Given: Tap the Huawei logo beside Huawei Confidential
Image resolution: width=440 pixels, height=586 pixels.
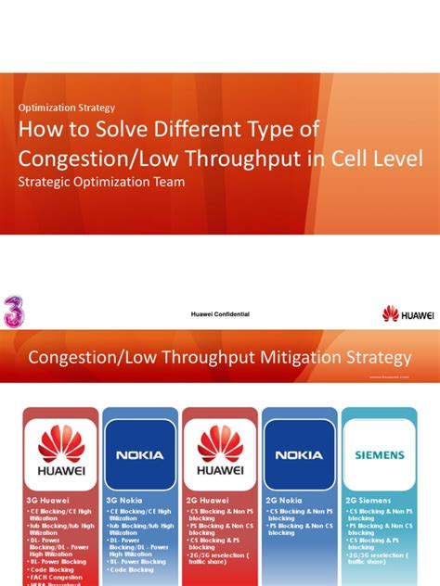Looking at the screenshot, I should click(407, 314).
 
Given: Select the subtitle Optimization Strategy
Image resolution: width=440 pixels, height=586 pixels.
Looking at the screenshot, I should click(66, 108).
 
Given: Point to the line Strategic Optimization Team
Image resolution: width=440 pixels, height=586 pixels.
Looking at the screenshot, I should click(102, 182).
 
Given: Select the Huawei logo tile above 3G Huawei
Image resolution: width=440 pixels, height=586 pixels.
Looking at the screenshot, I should click(59, 454).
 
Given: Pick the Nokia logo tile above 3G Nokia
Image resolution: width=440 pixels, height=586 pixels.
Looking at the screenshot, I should click(140, 454).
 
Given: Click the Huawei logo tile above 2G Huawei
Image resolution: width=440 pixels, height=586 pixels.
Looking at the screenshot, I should click(220, 454).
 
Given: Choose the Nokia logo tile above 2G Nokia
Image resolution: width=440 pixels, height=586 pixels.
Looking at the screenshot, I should click(300, 454).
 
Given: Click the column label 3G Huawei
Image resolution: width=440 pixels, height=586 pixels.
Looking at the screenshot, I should click(49, 499).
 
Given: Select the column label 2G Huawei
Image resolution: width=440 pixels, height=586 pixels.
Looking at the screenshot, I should click(209, 499).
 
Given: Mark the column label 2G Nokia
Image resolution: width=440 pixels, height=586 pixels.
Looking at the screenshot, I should click(287, 499).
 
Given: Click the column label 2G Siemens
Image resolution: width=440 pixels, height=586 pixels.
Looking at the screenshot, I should click(369, 499).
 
